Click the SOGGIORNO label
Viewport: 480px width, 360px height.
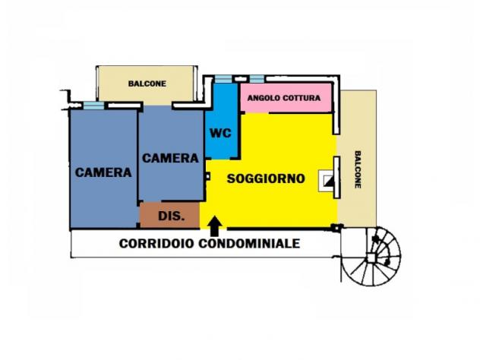pyautogui.click(x=266, y=179)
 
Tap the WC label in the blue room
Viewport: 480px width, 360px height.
pyautogui.click(x=220, y=133)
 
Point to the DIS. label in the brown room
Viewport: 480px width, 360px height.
pyautogui.click(x=169, y=216)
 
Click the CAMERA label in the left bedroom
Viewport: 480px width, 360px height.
pyautogui.click(x=103, y=172)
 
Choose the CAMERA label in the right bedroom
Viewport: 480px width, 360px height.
pyautogui.click(x=171, y=158)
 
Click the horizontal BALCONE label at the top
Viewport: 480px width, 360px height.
pyautogui.click(x=147, y=84)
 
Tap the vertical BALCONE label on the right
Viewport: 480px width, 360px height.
pyautogui.click(x=358, y=171)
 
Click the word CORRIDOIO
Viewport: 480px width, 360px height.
pyautogui.click(x=158, y=244)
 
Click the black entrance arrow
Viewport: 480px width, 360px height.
pyautogui.click(x=215, y=223)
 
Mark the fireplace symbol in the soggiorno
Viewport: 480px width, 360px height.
pyautogui.click(x=329, y=180)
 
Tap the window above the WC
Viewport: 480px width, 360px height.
pyautogui.click(x=223, y=78)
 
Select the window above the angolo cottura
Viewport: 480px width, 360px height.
pyautogui.click(x=256, y=78)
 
